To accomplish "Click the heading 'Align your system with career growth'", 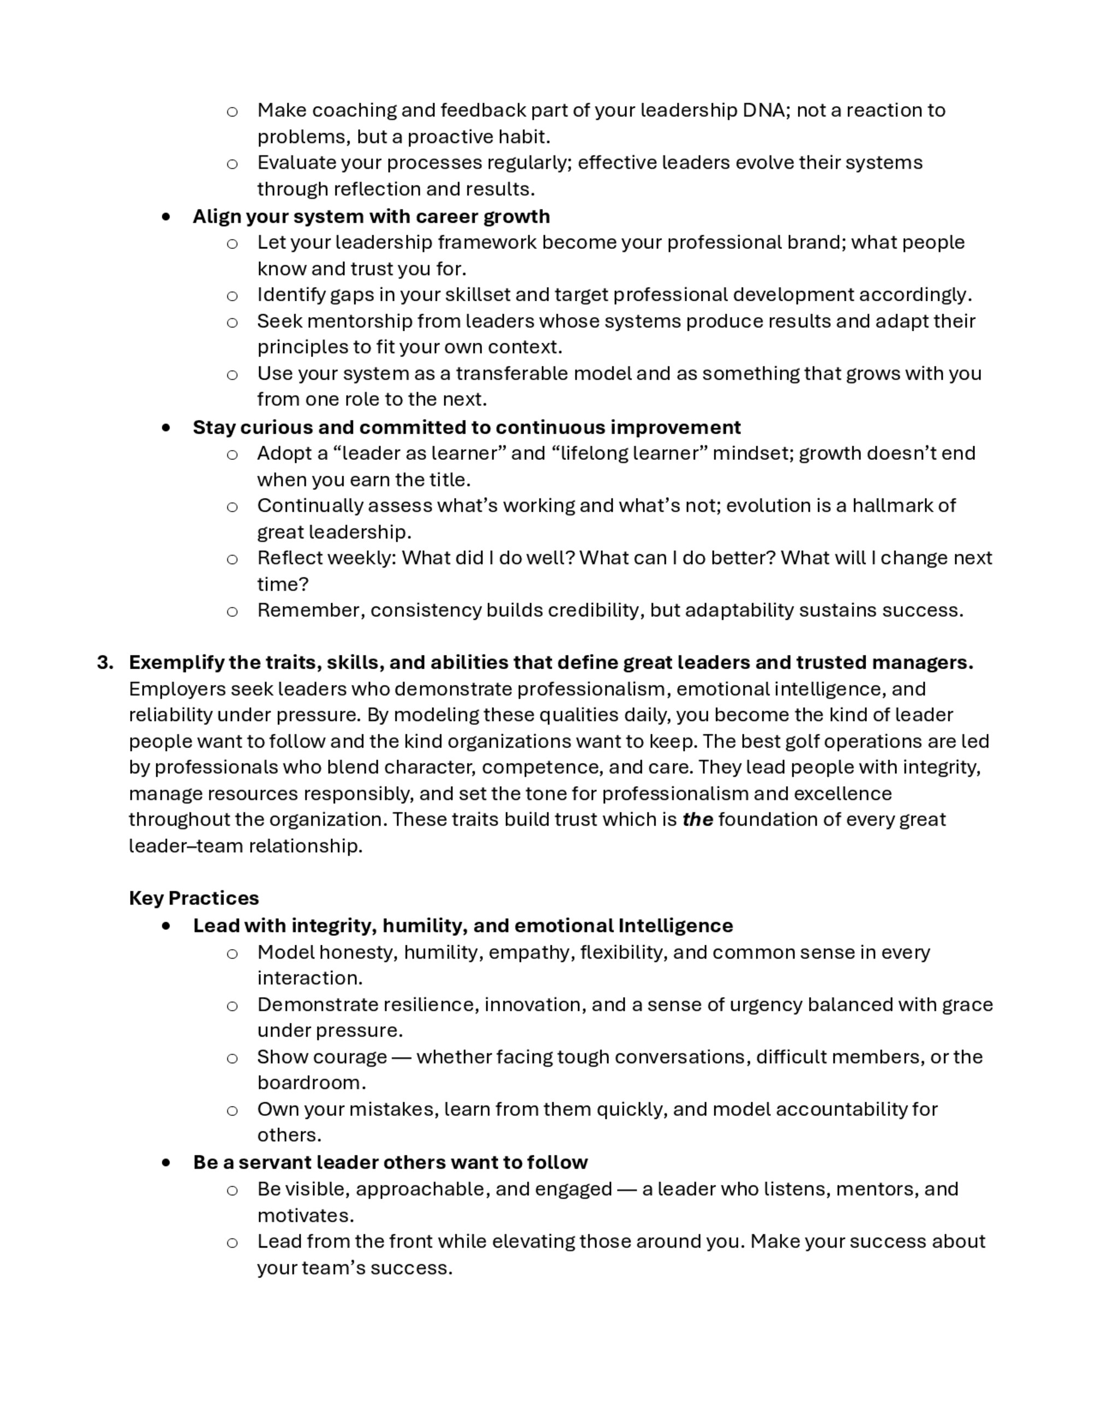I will tap(371, 216).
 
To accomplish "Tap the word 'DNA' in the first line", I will tap(764, 110).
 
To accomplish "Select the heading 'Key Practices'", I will tap(193, 898).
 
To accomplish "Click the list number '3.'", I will tap(105, 662).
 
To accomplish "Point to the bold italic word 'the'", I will tap(697, 820).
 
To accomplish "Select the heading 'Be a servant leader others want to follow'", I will tap(390, 1162).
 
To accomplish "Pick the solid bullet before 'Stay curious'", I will tap(167, 428).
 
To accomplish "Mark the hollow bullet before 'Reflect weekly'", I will tap(232, 559).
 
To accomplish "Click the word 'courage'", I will tap(354, 1057).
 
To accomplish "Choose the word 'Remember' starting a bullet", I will tap(310, 610).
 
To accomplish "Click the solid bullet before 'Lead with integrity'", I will tap(167, 926).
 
